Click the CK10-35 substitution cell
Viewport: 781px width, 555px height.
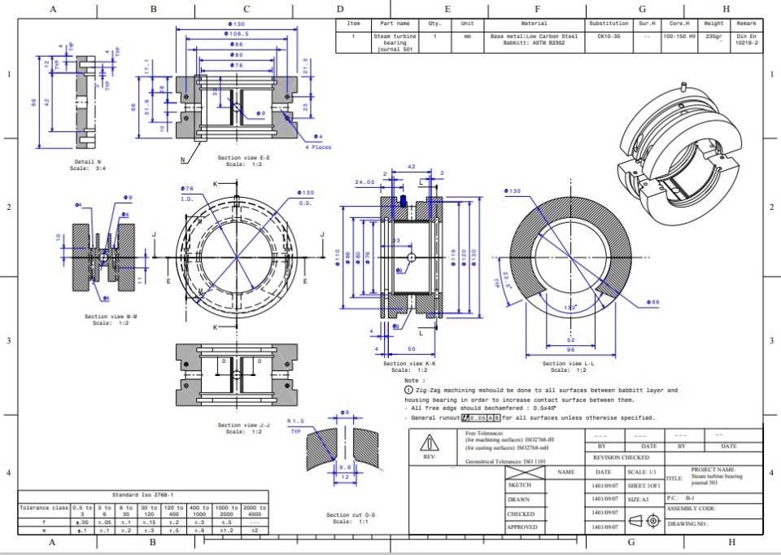click(609, 37)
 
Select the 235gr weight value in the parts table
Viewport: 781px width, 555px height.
click(713, 37)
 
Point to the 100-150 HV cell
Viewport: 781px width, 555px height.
click(679, 37)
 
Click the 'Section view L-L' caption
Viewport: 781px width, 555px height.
click(569, 364)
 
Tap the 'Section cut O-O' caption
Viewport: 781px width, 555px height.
click(351, 515)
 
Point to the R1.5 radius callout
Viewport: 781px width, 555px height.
click(295, 421)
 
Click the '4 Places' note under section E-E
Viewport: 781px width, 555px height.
click(318, 147)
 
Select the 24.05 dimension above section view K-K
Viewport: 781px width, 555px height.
click(365, 182)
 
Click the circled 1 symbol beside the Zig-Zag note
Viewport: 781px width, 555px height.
click(408, 391)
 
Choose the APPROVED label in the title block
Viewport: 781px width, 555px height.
click(521, 527)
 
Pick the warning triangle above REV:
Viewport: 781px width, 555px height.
click(428, 444)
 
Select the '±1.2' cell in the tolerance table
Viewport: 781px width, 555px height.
click(225, 531)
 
